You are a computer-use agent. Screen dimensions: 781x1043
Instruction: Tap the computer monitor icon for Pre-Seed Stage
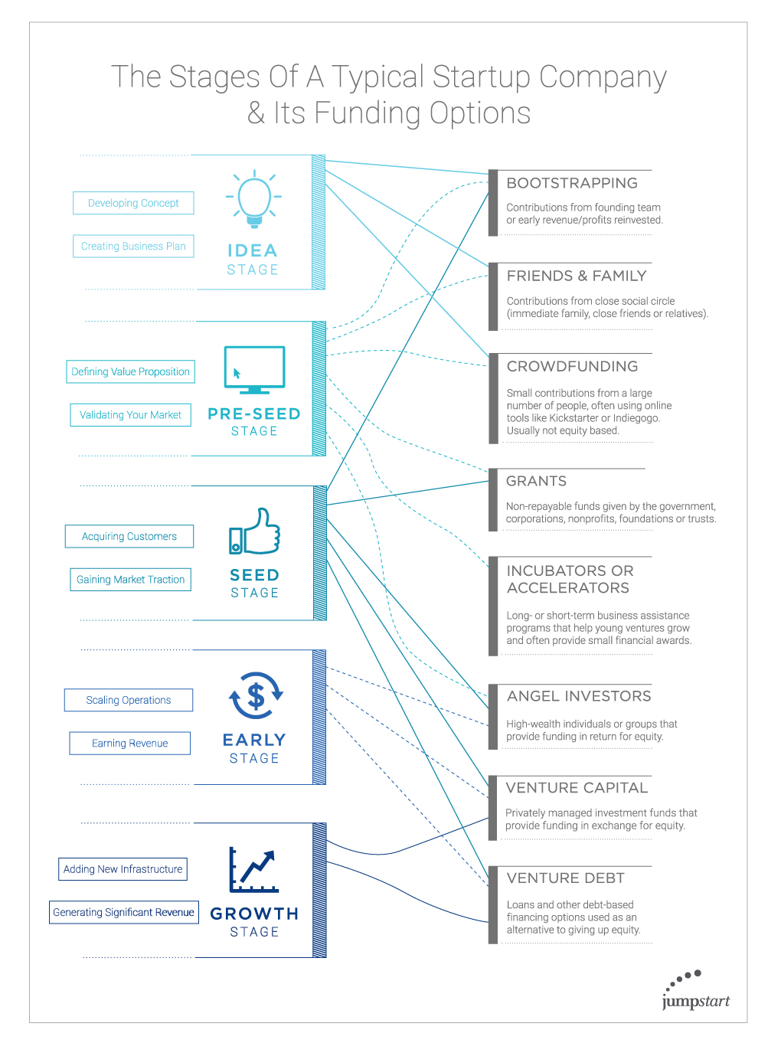(x=255, y=370)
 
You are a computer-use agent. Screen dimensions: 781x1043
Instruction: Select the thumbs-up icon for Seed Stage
(x=255, y=531)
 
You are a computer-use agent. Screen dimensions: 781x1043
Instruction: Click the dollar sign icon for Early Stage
(x=256, y=695)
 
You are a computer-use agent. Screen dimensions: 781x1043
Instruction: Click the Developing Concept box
(x=133, y=203)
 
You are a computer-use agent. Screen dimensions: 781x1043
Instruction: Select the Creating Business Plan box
(x=133, y=246)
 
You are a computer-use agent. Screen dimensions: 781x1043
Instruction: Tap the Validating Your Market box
(x=131, y=415)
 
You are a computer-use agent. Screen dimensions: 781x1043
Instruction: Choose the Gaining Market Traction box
(x=131, y=579)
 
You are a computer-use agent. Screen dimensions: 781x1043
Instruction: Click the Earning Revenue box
(x=129, y=743)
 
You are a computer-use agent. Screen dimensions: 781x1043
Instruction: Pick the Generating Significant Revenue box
(x=124, y=912)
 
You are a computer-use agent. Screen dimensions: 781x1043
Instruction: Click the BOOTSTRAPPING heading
(x=572, y=183)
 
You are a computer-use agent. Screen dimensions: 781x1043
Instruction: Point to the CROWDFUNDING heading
(x=572, y=366)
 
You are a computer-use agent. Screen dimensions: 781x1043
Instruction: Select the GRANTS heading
(x=536, y=481)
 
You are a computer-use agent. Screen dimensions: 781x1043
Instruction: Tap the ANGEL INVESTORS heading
(x=579, y=696)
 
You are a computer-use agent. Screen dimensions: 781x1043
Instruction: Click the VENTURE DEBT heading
(x=565, y=878)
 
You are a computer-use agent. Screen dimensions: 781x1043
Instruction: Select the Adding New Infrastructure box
(x=123, y=869)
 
